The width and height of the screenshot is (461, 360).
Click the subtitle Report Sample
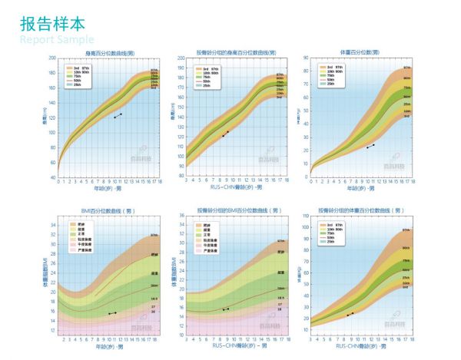(57, 39)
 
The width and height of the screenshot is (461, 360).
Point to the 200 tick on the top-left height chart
(51, 58)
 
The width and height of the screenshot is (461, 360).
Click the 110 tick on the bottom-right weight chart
(305, 216)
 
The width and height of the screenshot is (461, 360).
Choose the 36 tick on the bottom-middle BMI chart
(181, 216)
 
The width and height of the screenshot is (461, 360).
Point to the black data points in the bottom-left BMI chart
(112, 313)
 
